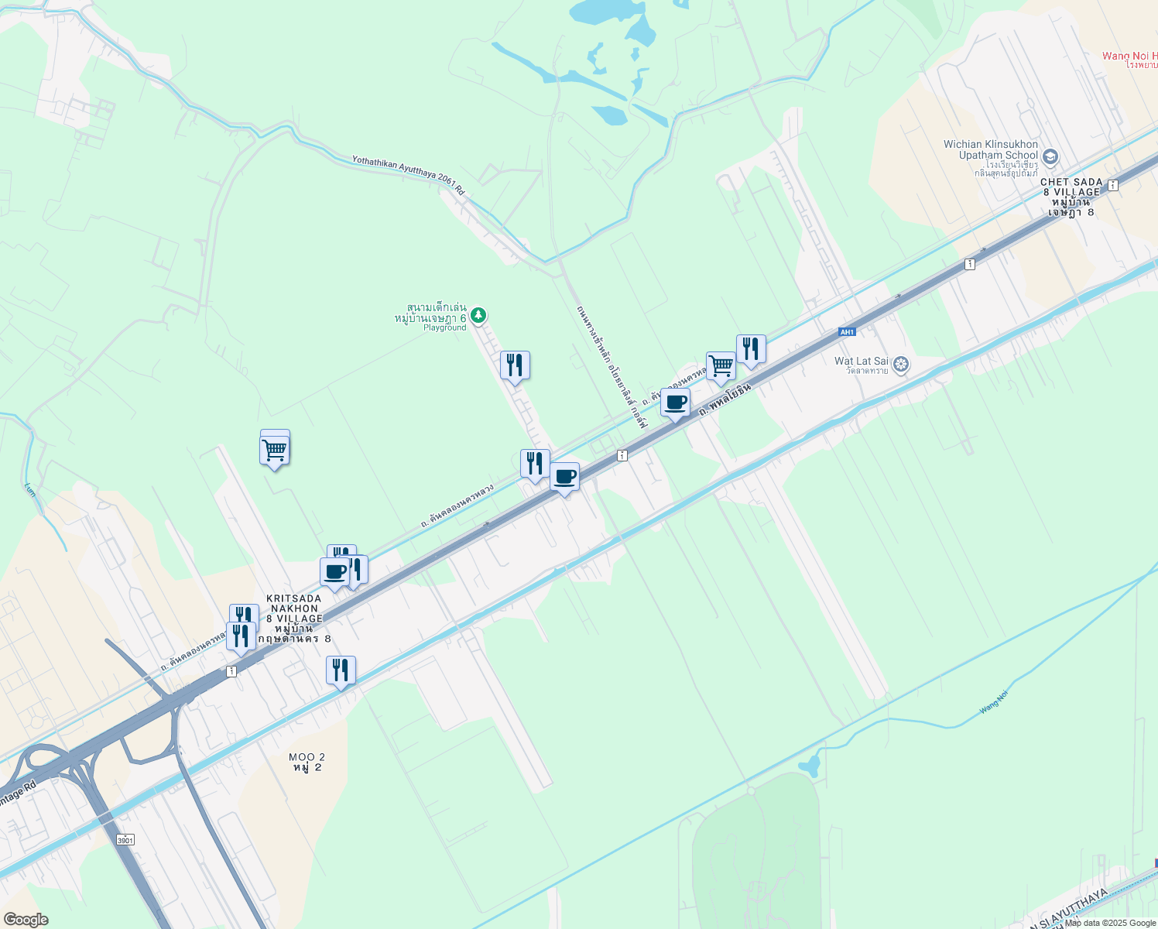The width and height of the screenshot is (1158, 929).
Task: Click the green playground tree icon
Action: pos(478,314)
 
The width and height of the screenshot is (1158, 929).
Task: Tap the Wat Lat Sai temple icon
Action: pos(900,364)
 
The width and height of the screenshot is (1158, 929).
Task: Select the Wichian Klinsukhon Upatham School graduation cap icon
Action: pos(1050,157)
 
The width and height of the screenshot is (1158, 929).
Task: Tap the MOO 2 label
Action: pos(307,762)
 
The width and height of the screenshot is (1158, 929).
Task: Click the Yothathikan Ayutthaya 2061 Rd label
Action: pos(408,174)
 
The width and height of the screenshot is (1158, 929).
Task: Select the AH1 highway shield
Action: pos(848,332)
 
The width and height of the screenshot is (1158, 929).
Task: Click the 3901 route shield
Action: pos(125,840)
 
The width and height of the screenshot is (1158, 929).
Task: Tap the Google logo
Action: pos(25,920)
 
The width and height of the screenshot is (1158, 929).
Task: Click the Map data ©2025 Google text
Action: pos(1110,923)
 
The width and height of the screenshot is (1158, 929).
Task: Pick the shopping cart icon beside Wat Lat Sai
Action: pos(721,365)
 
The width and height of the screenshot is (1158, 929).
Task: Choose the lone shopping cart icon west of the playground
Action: pos(274,449)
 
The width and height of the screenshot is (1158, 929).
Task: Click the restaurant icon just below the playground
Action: pos(515,365)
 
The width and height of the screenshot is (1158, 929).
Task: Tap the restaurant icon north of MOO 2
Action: pos(341,670)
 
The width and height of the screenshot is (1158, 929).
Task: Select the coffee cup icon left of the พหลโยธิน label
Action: pos(675,403)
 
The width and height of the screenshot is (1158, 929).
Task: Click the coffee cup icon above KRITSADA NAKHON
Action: pos(334,572)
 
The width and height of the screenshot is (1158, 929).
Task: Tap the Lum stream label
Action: pos(30,489)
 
